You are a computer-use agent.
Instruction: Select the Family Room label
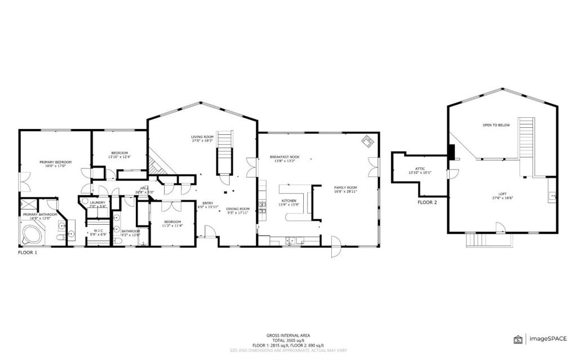(x=345, y=188)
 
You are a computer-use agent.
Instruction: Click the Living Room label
(x=202, y=137)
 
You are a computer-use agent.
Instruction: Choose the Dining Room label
(x=237, y=208)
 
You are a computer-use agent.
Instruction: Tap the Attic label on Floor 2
(x=420, y=168)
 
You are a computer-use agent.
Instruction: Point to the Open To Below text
(x=496, y=125)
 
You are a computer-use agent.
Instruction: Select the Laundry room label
(x=97, y=202)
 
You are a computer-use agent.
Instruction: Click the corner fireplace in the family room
(x=367, y=141)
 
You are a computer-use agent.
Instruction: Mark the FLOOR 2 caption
(x=427, y=202)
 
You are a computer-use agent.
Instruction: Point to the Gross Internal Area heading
(x=288, y=335)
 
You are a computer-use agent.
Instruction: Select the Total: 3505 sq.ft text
(x=288, y=340)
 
